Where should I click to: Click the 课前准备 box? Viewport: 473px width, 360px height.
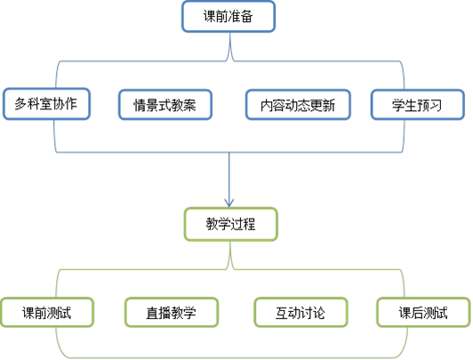pyautogui.click(x=228, y=16)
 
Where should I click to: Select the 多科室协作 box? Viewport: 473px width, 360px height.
pyautogui.click(x=46, y=104)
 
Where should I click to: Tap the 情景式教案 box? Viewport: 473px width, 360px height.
pyautogui.click(x=165, y=105)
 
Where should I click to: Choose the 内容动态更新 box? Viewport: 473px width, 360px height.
pyautogui.click(x=298, y=105)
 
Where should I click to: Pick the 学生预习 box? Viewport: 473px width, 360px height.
pyautogui.click(x=418, y=105)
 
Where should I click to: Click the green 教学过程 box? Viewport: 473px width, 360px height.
pyautogui.click(x=231, y=224)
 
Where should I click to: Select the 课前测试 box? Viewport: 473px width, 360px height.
pyautogui.click(x=47, y=312)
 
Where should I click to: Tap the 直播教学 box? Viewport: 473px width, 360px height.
pyautogui.click(x=172, y=312)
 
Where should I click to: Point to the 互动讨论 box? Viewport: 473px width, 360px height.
pyautogui.click(x=301, y=312)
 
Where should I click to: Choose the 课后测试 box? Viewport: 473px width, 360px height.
pyautogui.click(x=423, y=312)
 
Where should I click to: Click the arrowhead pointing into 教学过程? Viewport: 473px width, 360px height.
pyautogui.click(x=229, y=203)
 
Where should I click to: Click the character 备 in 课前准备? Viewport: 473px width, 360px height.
pyautogui.click(x=246, y=16)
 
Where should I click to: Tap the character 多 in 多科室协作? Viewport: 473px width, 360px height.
pyautogui.click(x=20, y=104)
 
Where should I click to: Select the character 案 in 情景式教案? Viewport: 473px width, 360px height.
pyautogui.click(x=189, y=105)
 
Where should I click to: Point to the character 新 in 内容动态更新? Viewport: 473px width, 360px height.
pyautogui.click(x=329, y=105)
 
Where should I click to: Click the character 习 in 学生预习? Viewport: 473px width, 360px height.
pyautogui.click(x=436, y=105)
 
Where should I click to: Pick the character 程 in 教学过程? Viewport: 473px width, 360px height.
pyautogui.click(x=249, y=224)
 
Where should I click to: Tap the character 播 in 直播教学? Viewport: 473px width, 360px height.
pyautogui.click(x=165, y=313)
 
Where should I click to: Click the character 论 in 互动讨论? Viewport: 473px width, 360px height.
pyautogui.click(x=319, y=313)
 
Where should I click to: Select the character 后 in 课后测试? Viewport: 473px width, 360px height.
pyautogui.click(x=417, y=313)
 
